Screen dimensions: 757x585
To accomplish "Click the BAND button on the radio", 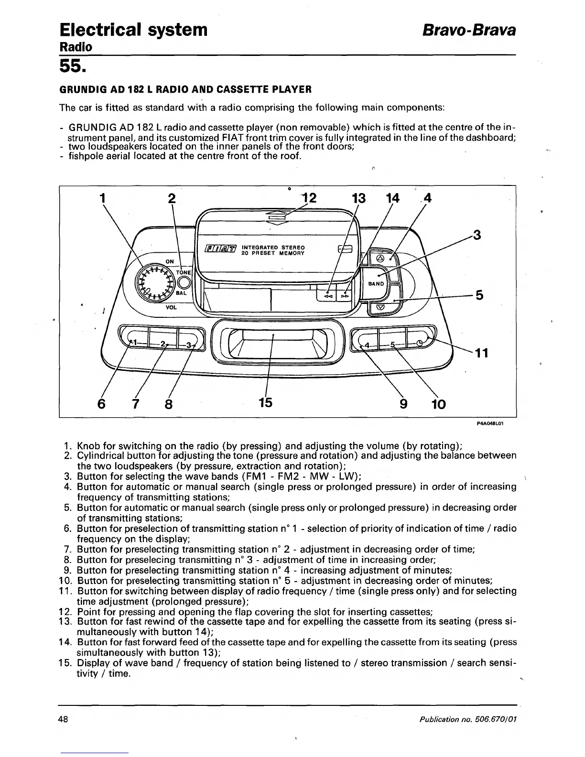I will click(x=376, y=283).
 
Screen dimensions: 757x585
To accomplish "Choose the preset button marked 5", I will click(x=392, y=344).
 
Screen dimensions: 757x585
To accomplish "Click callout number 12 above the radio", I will click(x=309, y=198).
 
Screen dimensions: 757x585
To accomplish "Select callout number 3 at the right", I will click(x=477, y=235).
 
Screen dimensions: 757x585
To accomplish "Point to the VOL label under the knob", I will click(x=171, y=307).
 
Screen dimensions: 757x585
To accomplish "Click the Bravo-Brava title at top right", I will click(x=468, y=30).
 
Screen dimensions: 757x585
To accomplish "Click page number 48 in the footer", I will click(x=64, y=719).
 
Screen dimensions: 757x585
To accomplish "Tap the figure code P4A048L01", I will click(x=490, y=423).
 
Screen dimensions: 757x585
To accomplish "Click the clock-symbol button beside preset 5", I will click(x=420, y=343).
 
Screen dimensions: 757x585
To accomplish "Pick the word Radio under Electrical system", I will click(x=75, y=47).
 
